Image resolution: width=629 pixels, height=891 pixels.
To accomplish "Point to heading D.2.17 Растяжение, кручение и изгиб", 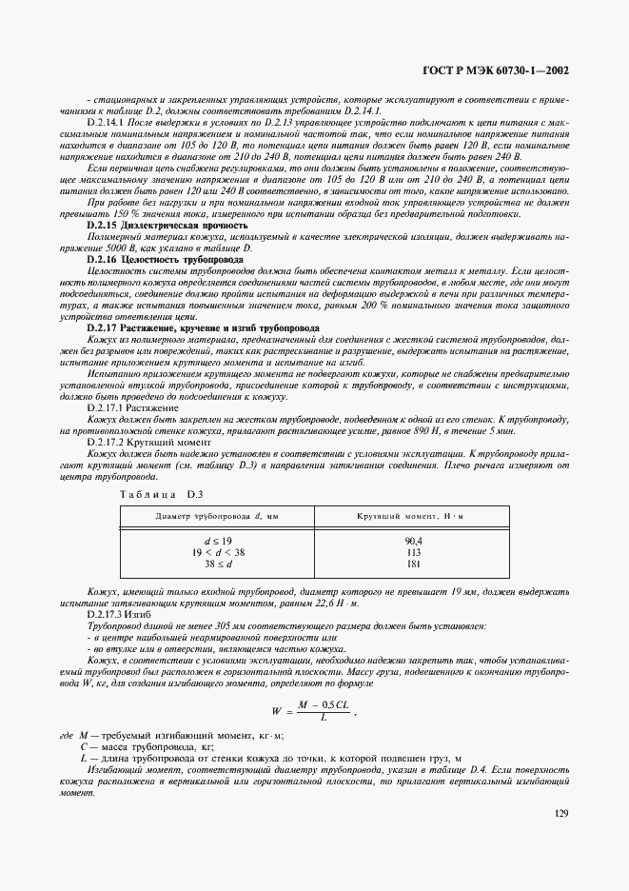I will [203, 327].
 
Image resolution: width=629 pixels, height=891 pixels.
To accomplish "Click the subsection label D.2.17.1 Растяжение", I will [132, 407].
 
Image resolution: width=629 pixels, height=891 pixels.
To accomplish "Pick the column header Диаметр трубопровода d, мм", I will [215, 516].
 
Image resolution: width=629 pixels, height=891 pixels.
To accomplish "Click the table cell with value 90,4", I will [413, 540].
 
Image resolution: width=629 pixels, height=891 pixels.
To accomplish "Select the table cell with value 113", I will [413, 551].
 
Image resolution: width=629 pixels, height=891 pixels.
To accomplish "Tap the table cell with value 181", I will [413, 564].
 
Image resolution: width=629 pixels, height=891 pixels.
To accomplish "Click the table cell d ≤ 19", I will [215, 540].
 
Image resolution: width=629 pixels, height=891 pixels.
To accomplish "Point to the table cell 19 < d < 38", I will [215, 551].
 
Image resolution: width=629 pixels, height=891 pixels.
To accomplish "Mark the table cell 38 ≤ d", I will [215, 564].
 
